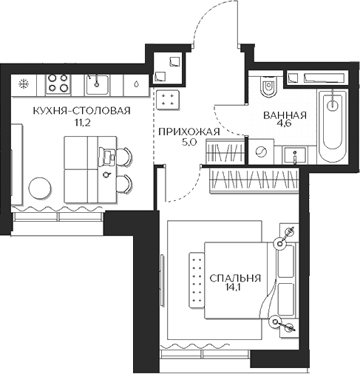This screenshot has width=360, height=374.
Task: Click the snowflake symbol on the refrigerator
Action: (x=24, y=84)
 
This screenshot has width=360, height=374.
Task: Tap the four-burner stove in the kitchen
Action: (x=58, y=84)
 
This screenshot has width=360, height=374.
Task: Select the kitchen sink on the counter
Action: (x=97, y=84)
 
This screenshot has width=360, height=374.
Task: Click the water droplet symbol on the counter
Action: (x=136, y=84)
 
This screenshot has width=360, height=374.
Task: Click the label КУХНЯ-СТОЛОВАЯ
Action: (x=81, y=111)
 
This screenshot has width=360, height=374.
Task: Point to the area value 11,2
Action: (x=81, y=123)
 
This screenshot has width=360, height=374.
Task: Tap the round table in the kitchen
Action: (x=40, y=188)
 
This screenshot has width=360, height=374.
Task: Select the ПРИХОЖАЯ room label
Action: (x=189, y=132)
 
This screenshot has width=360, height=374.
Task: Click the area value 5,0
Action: (x=189, y=143)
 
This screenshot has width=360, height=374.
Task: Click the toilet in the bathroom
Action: (x=269, y=87)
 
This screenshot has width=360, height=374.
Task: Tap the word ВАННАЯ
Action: (x=285, y=115)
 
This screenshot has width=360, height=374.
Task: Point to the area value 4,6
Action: (x=285, y=123)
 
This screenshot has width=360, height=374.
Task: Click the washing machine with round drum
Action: (x=261, y=152)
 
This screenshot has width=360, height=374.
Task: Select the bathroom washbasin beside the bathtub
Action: (x=295, y=155)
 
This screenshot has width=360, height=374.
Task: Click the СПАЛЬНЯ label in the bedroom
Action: (x=235, y=279)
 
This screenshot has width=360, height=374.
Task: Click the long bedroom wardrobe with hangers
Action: (x=254, y=180)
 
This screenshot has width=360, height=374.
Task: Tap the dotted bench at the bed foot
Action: (x=197, y=280)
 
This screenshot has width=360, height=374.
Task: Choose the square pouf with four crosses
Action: (x=168, y=100)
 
